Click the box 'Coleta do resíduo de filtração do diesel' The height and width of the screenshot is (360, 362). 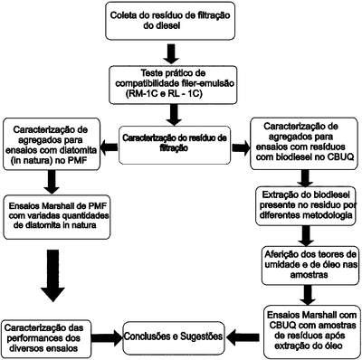click(x=170, y=21)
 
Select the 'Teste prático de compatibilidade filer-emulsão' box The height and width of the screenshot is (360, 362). click(x=173, y=85)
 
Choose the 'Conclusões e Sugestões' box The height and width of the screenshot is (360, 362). click(x=174, y=336)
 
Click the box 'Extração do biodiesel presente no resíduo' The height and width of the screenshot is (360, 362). click(x=306, y=206)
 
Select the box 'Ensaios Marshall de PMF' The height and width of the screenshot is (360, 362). click(x=57, y=216)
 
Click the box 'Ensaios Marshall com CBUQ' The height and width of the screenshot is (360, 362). click(x=312, y=332)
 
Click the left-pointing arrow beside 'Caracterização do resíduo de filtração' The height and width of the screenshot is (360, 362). click(x=109, y=147)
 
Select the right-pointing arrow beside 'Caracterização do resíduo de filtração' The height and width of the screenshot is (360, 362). click(x=241, y=147)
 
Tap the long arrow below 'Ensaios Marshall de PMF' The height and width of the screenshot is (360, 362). click(x=53, y=276)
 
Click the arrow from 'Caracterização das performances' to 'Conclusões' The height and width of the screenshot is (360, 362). click(x=107, y=337)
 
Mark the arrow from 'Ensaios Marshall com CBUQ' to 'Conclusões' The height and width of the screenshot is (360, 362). click(x=243, y=337)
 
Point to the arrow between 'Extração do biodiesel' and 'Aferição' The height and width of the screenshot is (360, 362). click(x=306, y=236)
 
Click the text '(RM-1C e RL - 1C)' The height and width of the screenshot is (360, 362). click(x=163, y=94)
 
